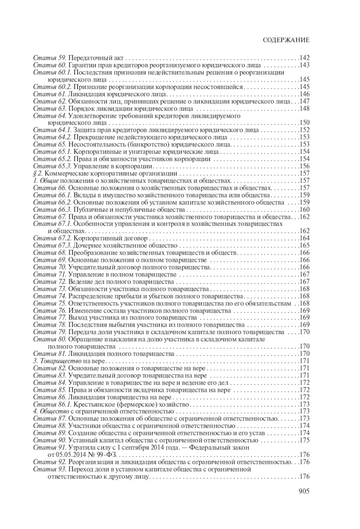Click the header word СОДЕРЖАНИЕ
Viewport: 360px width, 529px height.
point(286,40)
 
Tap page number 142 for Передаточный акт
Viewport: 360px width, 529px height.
point(305,58)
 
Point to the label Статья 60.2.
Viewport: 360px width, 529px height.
point(52,87)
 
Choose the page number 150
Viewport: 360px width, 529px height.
point(305,123)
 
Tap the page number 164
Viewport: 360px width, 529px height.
point(305,238)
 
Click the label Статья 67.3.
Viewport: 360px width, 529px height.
point(52,246)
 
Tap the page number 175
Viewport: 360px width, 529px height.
point(305,440)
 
